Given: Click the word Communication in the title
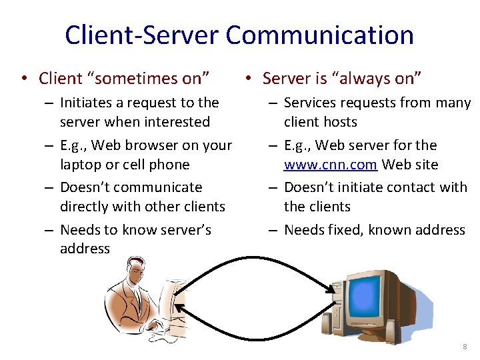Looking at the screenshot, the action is (320, 35).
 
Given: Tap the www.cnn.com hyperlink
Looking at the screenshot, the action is (331, 165).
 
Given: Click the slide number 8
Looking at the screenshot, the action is (465, 347).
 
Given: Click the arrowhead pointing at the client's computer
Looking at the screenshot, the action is (177, 307).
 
